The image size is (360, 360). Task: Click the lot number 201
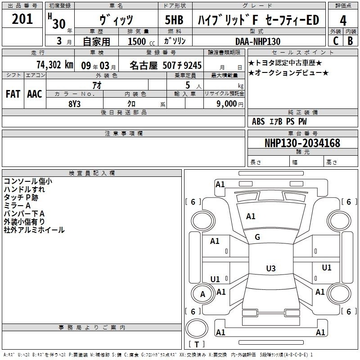(x=22, y=19)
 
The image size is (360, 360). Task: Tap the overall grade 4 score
(x=343, y=20)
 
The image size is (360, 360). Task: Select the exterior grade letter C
(x=336, y=41)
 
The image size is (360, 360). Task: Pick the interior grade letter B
(x=350, y=41)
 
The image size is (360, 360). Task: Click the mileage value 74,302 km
(x=55, y=65)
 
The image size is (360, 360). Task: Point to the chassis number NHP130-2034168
(x=302, y=143)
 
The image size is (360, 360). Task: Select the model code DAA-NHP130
(x=258, y=41)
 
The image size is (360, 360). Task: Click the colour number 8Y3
(x=74, y=104)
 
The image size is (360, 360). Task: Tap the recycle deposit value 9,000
(x=227, y=104)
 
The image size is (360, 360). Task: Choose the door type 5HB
(x=174, y=20)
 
